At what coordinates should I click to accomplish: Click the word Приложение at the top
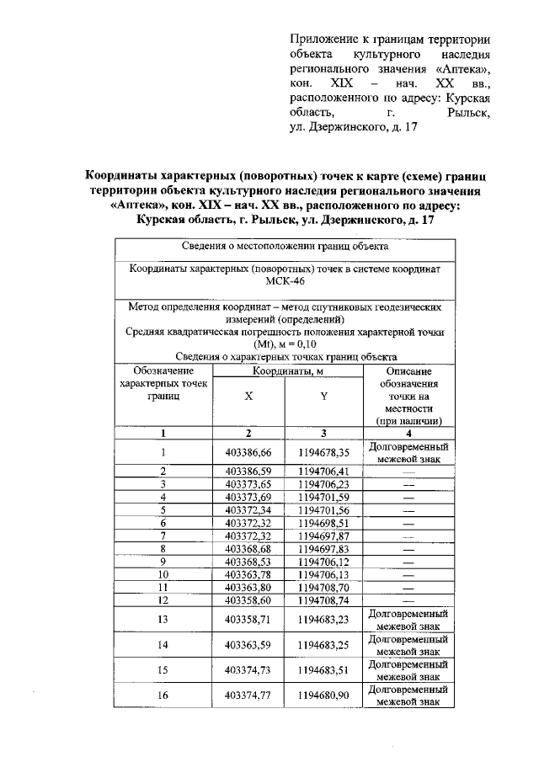[321, 39]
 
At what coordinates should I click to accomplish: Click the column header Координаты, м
[286, 371]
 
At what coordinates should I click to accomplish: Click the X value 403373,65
[248, 484]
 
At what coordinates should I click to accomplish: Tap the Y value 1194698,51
[323, 523]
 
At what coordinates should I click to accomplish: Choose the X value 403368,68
[248, 549]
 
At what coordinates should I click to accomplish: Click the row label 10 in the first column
[163, 574]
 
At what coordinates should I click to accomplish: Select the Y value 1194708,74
[323, 600]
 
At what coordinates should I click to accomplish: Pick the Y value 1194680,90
[323, 695]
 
